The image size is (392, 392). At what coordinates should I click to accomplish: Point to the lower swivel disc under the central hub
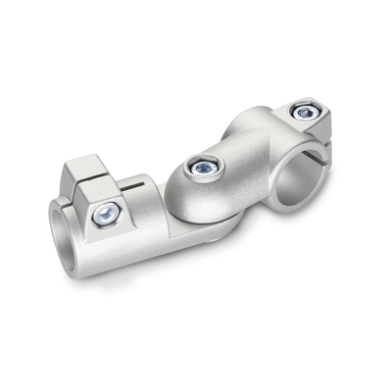(201, 218)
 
